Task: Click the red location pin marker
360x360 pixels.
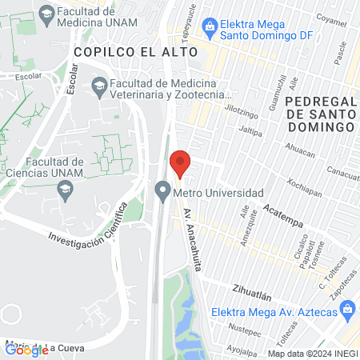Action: click(181, 163)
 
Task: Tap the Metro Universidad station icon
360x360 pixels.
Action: click(163, 193)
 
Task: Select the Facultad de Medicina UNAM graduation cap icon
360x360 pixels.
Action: click(47, 14)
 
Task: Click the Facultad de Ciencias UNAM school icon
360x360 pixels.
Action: click(66, 189)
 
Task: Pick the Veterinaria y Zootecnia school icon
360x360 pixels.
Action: click(99, 85)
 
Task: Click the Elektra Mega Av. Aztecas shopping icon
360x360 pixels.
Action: click(216, 311)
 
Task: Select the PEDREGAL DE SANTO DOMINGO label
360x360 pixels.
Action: click(319, 114)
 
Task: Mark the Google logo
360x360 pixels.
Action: click(26, 349)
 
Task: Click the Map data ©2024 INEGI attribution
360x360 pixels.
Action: click(312, 354)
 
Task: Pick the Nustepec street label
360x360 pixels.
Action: click(242, 327)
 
